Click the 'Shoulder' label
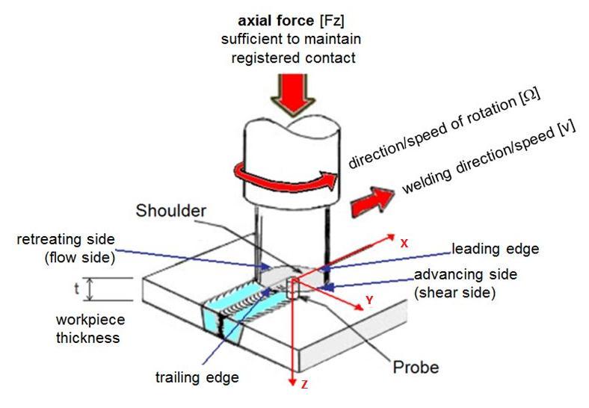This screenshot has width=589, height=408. click(x=171, y=211)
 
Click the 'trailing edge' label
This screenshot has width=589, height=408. click(x=197, y=377)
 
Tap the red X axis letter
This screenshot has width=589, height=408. click(x=404, y=244)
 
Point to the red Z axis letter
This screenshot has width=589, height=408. click(x=303, y=385)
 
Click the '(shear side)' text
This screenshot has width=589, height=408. click(x=455, y=292)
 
